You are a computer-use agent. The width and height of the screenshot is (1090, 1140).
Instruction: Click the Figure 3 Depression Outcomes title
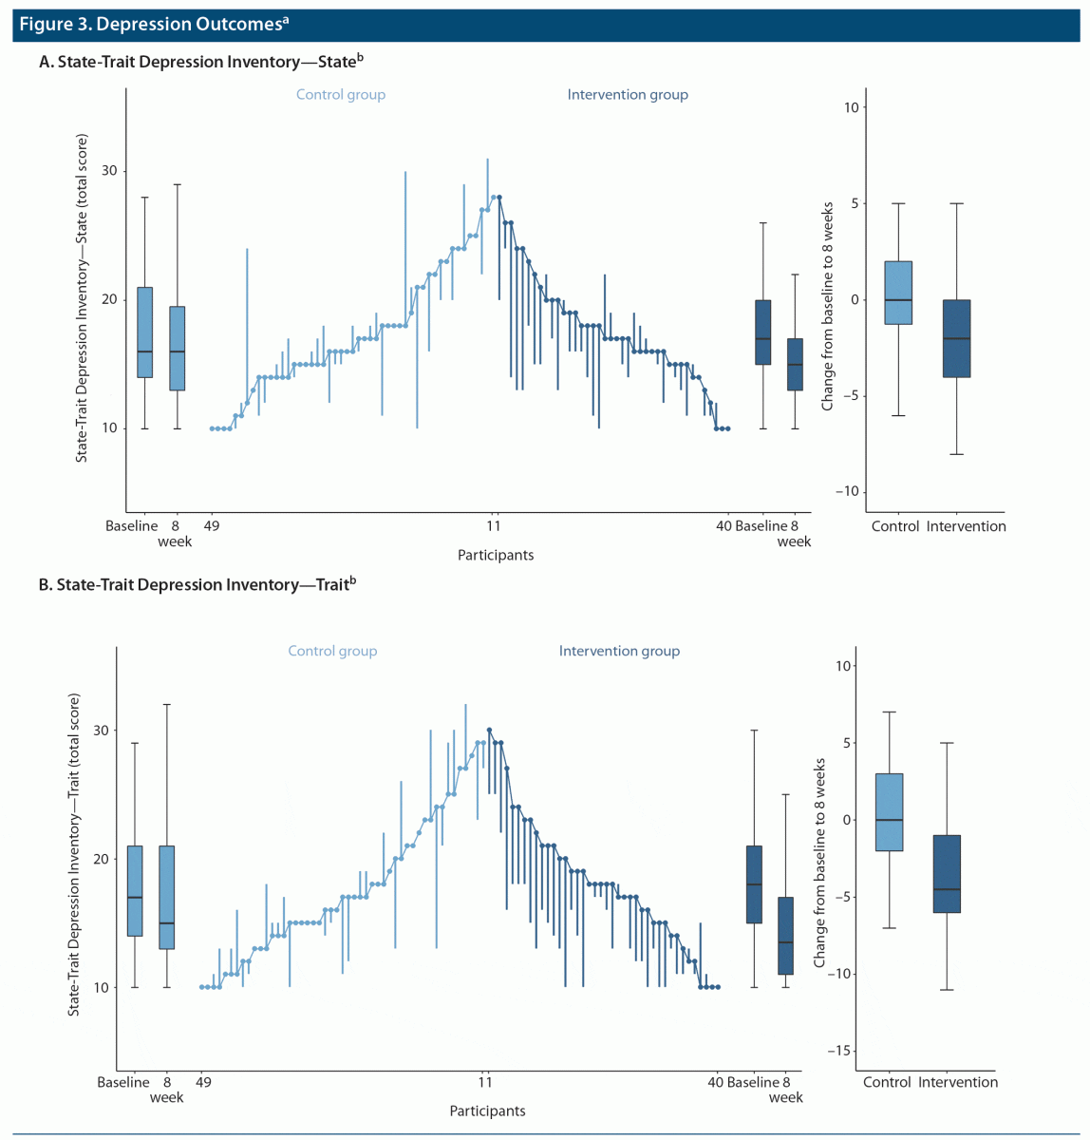152,24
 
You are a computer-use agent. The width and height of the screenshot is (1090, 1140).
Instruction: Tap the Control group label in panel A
341,95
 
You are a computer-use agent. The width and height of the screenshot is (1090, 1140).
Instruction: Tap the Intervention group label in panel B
619,651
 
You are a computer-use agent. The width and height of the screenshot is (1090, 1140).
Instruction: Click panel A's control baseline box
144,332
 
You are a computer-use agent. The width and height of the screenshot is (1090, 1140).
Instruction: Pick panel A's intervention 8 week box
795,364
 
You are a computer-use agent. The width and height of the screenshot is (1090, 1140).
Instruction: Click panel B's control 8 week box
167,897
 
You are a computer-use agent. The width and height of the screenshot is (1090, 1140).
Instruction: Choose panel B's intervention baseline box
754,884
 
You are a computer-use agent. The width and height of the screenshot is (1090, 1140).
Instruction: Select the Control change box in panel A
897,293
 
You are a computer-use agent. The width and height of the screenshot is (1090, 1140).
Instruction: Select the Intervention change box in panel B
947,874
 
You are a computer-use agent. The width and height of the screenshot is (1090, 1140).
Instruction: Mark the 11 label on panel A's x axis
494,526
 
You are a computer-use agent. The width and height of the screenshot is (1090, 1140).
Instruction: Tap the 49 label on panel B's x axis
203,1082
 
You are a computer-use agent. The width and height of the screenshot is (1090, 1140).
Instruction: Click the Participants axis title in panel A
495,555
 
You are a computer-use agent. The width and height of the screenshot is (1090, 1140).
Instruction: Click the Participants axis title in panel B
487,1111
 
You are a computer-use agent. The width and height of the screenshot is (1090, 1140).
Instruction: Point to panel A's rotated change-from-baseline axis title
827,306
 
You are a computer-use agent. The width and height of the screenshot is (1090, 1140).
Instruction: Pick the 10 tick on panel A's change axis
851,107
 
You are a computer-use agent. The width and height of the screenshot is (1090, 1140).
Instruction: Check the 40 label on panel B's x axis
715,1082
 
